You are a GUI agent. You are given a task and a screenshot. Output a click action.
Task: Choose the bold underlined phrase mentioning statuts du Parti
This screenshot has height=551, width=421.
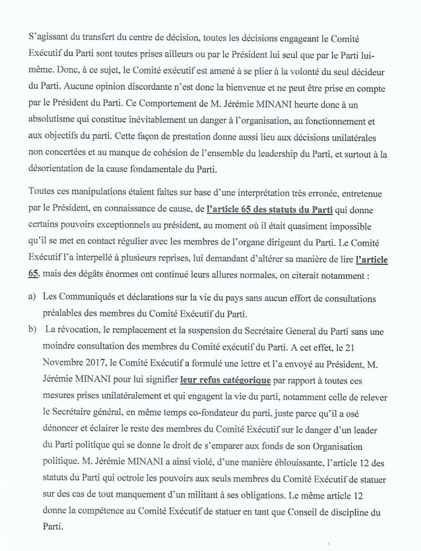pos(258,209)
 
